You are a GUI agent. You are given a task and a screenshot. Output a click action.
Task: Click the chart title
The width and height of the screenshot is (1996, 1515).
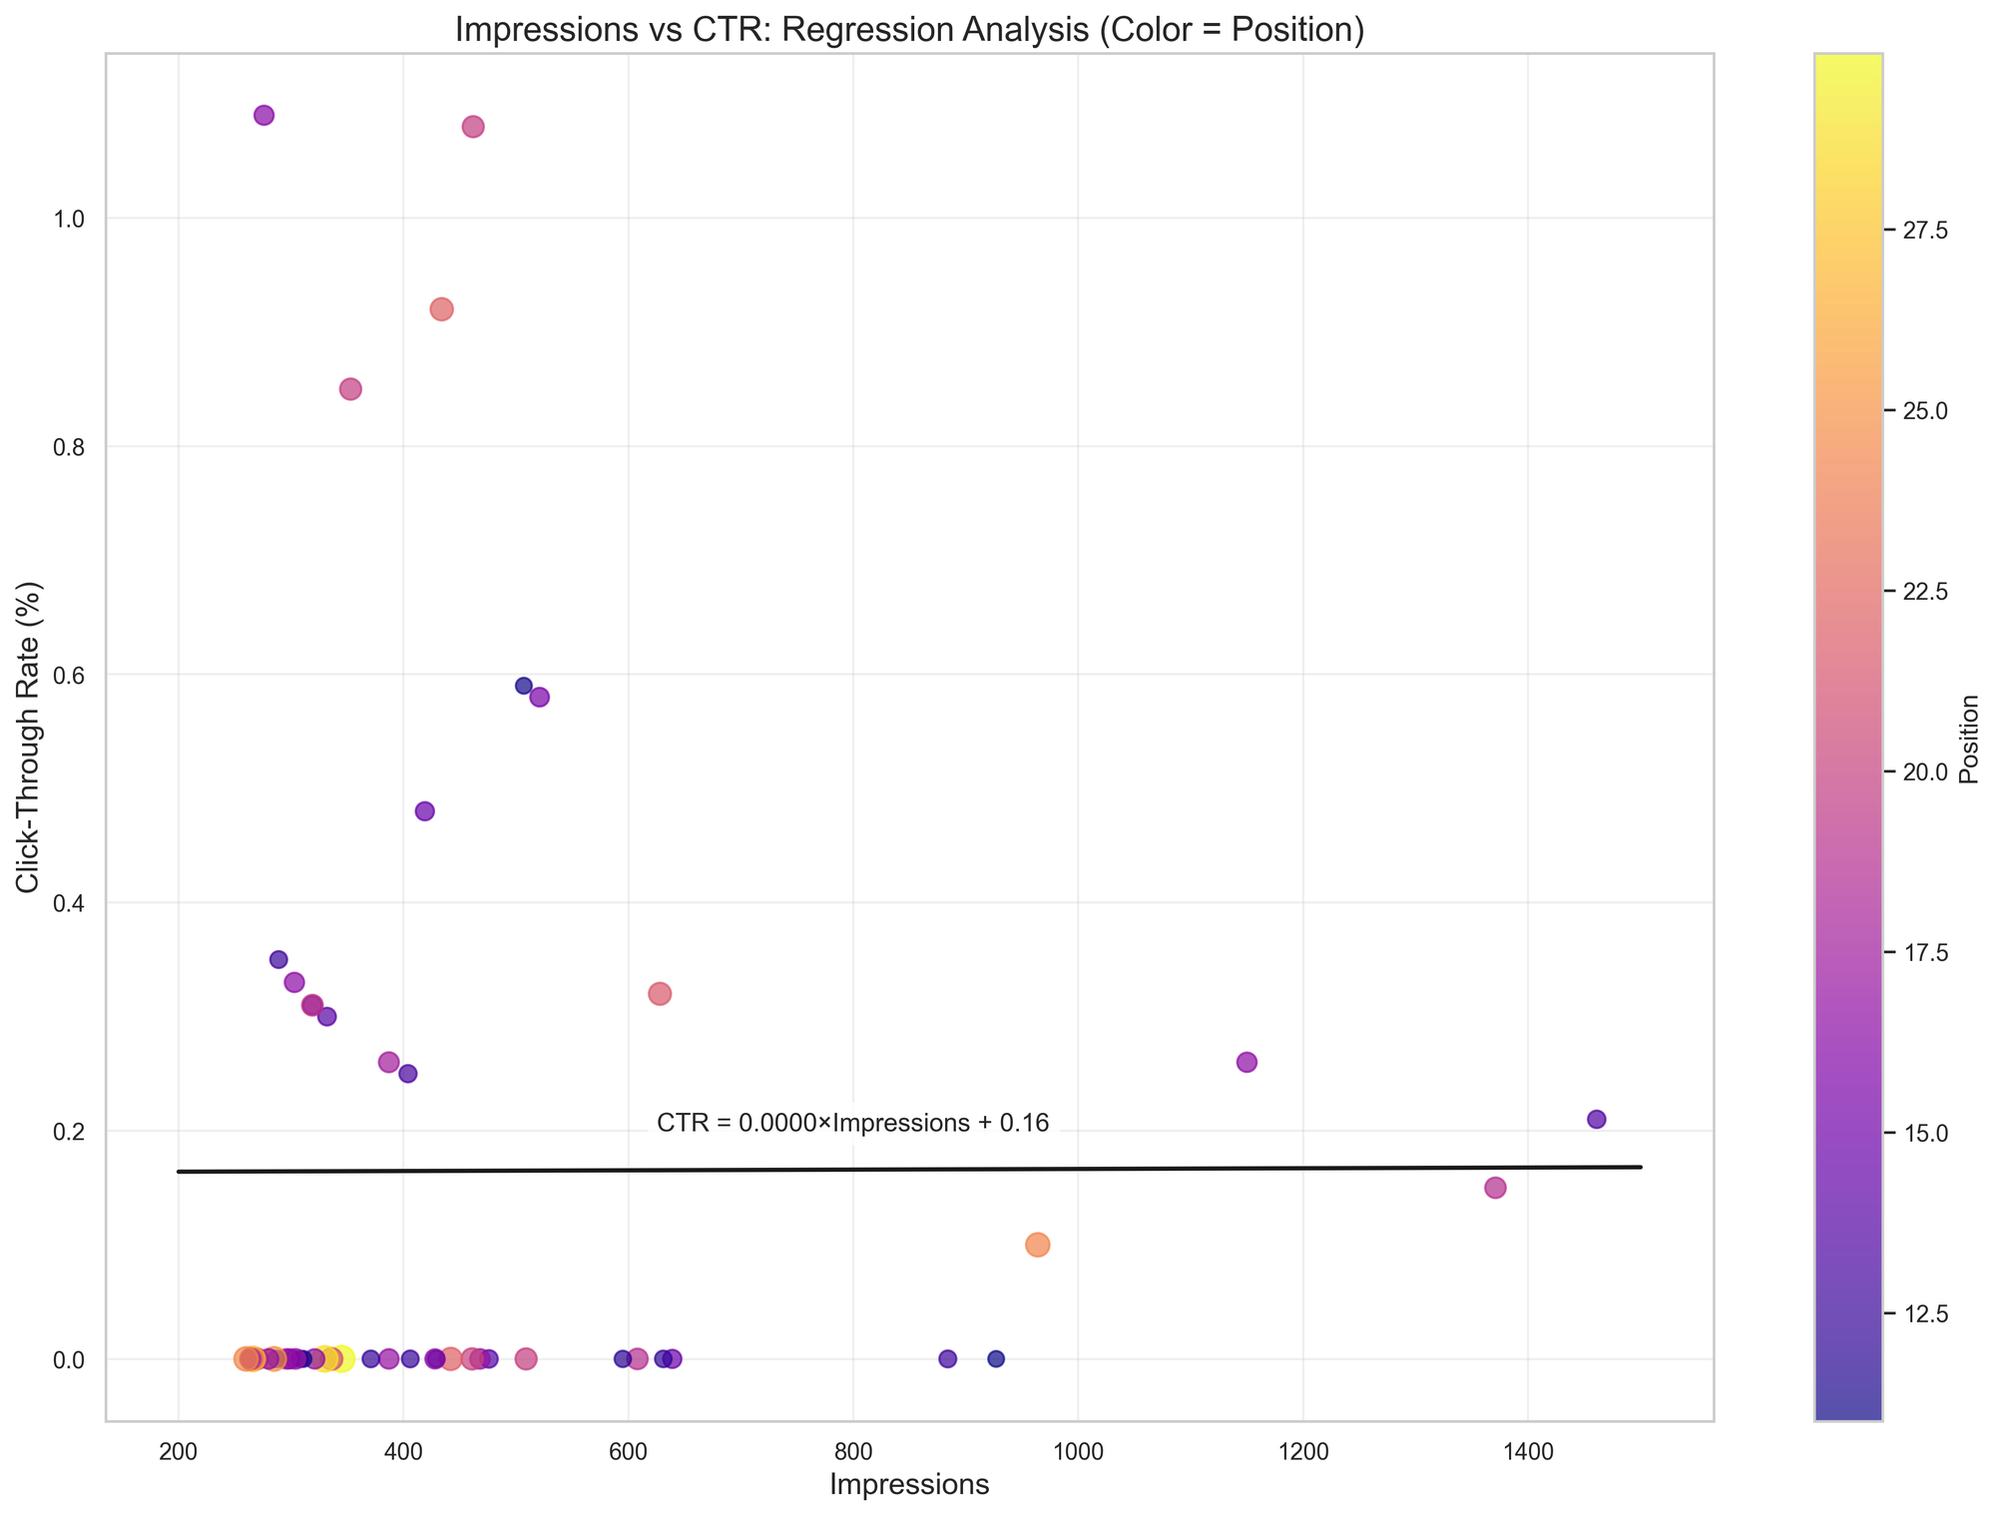coord(909,31)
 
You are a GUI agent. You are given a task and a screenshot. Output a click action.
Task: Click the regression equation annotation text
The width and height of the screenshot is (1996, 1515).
coord(853,1124)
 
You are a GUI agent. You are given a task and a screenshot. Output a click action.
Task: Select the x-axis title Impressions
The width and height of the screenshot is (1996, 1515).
coord(909,1484)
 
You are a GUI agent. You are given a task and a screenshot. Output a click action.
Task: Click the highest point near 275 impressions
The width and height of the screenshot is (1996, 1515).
coord(264,115)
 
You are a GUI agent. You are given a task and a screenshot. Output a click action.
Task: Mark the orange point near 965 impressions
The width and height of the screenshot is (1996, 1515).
coord(1038,1245)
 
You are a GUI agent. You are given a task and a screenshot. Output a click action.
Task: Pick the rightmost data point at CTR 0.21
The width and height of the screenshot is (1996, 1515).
coord(1597,1119)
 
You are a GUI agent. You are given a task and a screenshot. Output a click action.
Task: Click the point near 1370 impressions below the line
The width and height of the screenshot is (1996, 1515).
coord(1495,1188)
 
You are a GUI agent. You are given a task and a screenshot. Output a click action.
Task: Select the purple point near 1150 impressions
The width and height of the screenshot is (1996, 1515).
coord(1247,1062)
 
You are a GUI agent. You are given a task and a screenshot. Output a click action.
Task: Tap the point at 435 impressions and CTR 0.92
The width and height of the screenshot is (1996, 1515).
coord(442,309)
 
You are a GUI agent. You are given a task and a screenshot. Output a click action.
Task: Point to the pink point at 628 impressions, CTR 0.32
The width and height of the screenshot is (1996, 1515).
coord(660,994)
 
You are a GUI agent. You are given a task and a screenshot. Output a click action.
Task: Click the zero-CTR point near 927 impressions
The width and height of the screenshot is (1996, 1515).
coord(996,1358)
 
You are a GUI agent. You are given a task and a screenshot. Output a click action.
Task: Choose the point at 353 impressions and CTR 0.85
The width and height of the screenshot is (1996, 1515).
coord(350,389)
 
